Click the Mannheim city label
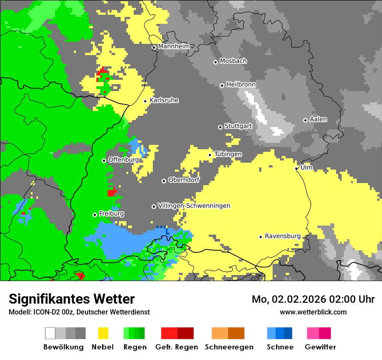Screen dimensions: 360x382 [x=174, y=46]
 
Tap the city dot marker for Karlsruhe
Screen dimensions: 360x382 [x=145, y=101]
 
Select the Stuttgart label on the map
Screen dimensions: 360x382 [x=238, y=126]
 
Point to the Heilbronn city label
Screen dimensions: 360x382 [x=241, y=85]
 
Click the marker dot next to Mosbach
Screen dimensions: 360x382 [x=215, y=62]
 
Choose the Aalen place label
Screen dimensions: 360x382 [x=318, y=119]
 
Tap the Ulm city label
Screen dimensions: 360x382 [x=306, y=167]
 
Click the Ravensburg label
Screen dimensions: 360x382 [x=283, y=236]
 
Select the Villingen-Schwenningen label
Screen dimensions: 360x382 [x=194, y=206]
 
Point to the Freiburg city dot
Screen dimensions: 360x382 [x=95, y=215]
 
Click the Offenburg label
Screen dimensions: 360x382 [x=123, y=160]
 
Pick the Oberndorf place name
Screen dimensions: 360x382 [x=184, y=180]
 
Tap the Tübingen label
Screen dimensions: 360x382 [x=228, y=154]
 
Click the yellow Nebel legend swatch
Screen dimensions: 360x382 [x=103, y=333]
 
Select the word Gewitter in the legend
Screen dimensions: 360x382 [x=320, y=347]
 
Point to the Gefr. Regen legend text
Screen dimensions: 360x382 [x=177, y=347]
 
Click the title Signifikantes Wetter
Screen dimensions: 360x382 [x=72, y=299]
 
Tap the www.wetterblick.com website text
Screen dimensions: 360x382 [x=313, y=312]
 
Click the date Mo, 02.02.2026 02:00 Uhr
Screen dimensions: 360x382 [x=313, y=299]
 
